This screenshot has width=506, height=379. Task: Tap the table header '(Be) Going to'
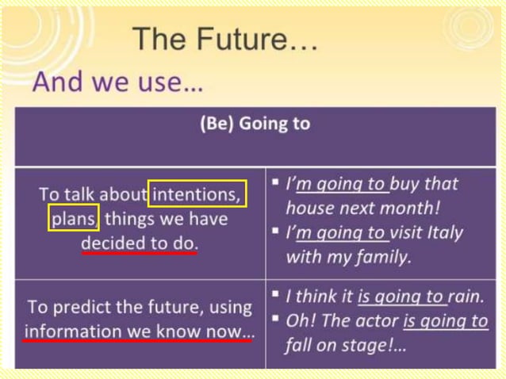coord(255,124)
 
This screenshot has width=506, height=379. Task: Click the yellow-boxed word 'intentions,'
coord(197,193)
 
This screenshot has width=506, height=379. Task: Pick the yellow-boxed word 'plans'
coord(74,217)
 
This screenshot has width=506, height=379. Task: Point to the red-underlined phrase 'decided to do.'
coord(139,243)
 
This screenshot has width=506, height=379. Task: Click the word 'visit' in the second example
coord(413,233)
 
